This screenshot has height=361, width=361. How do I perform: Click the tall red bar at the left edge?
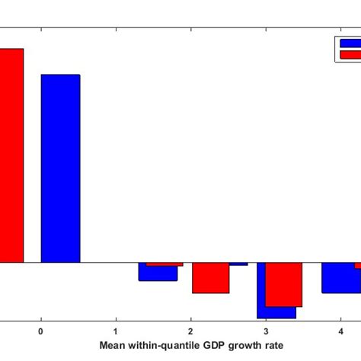(x=11, y=155)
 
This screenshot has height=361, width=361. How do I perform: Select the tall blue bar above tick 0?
(x=60, y=168)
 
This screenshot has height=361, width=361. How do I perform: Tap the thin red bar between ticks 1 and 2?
(x=165, y=264)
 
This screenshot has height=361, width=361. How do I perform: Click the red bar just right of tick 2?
(x=210, y=278)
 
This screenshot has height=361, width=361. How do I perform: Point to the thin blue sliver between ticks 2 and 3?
(x=238, y=264)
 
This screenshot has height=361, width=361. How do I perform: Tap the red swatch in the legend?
(x=349, y=54)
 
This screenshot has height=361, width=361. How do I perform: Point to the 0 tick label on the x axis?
(x=40, y=332)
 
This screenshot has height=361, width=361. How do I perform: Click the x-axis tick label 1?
(x=115, y=332)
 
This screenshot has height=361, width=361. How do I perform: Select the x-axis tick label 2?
(x=190, y=332)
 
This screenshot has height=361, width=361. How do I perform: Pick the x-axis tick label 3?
(x=265, y=332)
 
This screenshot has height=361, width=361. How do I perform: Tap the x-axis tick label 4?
(x=340, y=332)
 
